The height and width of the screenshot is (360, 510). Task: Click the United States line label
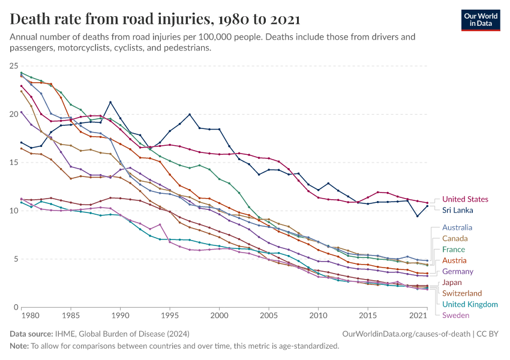(465, 199)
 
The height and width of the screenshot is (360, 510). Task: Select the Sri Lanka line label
(458, 211)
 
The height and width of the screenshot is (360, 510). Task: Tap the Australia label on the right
(457, 227)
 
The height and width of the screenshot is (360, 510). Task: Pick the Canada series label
(455, 238)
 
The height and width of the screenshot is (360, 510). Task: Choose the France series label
(454, 250)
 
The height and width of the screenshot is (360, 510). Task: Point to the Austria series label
(455, 260)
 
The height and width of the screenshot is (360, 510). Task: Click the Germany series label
(458, 271)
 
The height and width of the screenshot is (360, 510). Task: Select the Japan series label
(452, 283)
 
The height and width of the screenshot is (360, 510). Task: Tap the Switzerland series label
(462, 293)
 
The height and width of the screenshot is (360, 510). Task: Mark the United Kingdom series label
(470, 304)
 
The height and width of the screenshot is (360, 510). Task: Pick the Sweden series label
(455, 316)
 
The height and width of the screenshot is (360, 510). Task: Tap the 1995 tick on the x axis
(170, 314)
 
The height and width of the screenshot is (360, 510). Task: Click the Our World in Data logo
(481, 19)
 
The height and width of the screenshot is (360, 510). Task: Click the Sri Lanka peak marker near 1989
(110, 102)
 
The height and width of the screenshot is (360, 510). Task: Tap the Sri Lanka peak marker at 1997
(190, 115)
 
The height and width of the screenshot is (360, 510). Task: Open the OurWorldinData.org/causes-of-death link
(406, 333)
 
